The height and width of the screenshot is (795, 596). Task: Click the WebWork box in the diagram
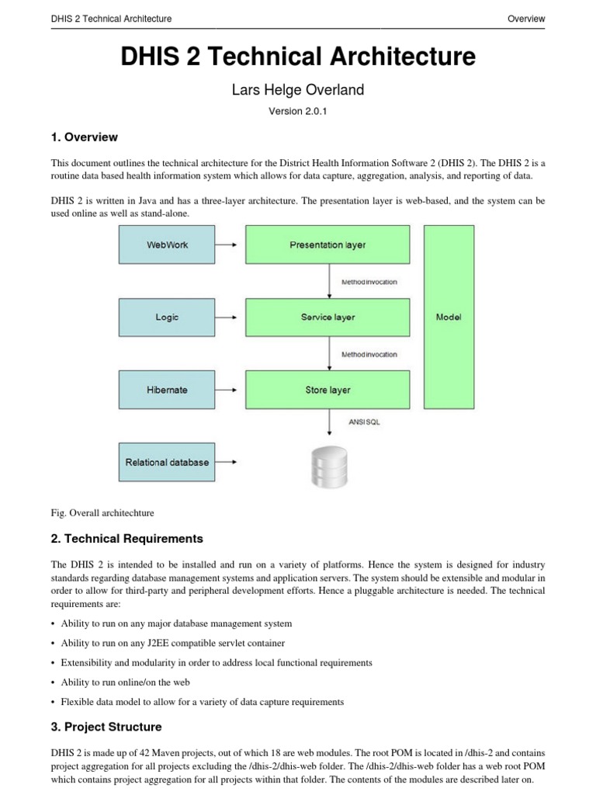tap(167, 245)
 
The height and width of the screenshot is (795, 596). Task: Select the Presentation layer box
tap(327, 245)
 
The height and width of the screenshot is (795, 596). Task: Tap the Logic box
tap(167, 318)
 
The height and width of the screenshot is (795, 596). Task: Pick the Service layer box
tap(327, 318)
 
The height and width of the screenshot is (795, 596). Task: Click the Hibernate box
tap(167, 390)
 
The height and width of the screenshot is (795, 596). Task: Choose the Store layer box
tap(327, 390)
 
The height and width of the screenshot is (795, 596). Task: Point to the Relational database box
tap(167, 462)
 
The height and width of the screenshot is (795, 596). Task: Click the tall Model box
tap(449, 317)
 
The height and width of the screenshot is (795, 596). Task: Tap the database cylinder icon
tap(327, 464)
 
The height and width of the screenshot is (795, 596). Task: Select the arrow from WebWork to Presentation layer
tap(227, 245)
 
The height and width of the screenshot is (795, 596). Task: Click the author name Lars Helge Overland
tap(298, 90)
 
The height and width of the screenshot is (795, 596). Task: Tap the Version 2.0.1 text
tap(298, 112)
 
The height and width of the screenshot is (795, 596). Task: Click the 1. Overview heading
tap(85, 137)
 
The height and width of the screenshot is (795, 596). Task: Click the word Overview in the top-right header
tap(525, 19)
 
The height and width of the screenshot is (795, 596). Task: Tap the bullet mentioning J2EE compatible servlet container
tap(172, 643)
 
